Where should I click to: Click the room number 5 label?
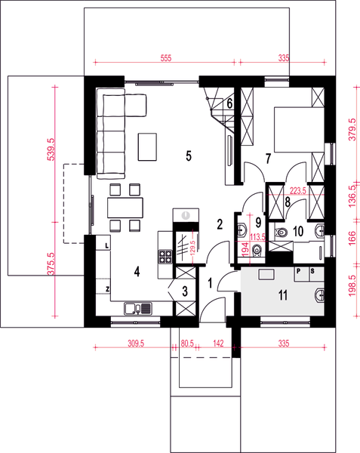[189, 156]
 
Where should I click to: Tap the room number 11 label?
[283, 295]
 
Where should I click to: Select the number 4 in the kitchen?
[137, 272]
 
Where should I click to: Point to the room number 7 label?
[269, 159]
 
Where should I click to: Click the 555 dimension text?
[166, 58]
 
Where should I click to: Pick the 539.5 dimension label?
[51, 149]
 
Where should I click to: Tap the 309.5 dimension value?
[136, 344]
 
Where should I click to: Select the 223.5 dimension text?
[298, 191]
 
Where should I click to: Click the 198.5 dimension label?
[352, 285]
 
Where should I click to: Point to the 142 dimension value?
[218, 344]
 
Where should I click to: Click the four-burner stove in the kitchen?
[165, 257]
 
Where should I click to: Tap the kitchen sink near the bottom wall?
[138, 309]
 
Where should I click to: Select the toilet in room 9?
[257, 250]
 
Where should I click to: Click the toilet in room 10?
[281, 232]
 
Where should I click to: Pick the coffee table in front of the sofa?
[147, 146]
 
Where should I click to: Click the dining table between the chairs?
[125, 208]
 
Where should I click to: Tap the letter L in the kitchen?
[107, 246]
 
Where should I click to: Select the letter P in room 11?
[299, 271]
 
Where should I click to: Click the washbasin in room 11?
[319, 295]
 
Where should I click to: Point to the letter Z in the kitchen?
[107, 289]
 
